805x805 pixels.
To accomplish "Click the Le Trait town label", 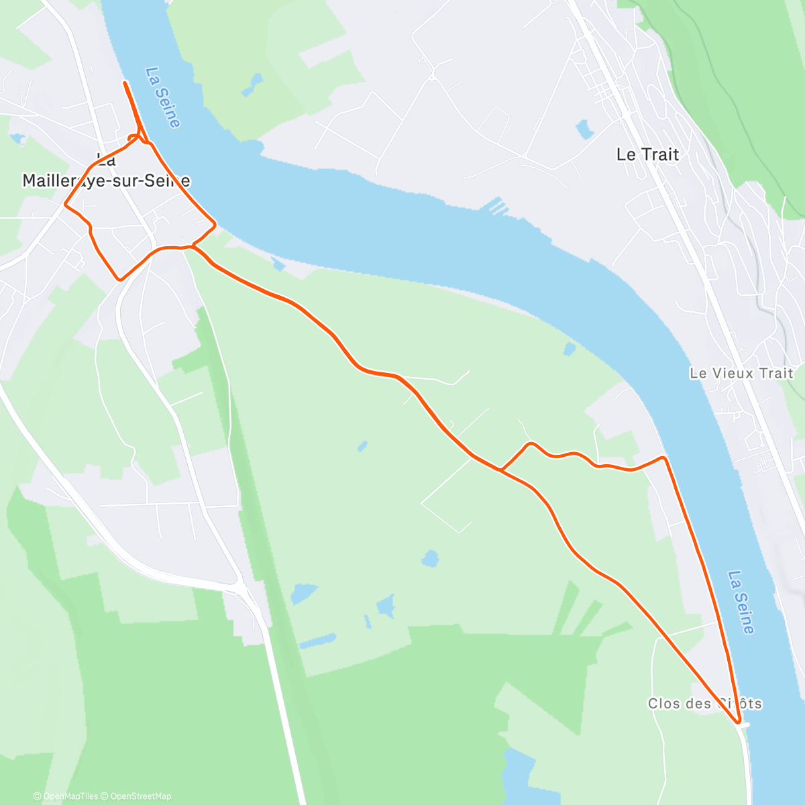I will pos(647,154).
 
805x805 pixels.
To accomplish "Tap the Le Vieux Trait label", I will pos(741,373).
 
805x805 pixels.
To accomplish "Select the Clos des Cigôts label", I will pos(704,704).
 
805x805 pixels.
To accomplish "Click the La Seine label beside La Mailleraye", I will pos(163,97).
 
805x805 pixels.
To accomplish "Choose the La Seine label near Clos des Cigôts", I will pos(741,602).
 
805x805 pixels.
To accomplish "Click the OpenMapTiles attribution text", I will pos(66,796).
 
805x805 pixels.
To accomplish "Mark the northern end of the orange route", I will pos(125,83).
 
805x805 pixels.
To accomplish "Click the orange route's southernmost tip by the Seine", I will pos(739,722).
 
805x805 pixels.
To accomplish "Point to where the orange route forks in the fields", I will pos(500,470).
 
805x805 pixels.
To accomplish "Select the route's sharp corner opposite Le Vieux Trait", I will pos(663,458).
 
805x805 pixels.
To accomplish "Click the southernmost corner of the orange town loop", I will pos(120,279).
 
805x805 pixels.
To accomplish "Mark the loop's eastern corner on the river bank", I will pos(215,224).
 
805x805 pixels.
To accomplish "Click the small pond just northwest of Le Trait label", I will pos(584,129).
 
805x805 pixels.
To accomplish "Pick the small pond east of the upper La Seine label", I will pos(254,84).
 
